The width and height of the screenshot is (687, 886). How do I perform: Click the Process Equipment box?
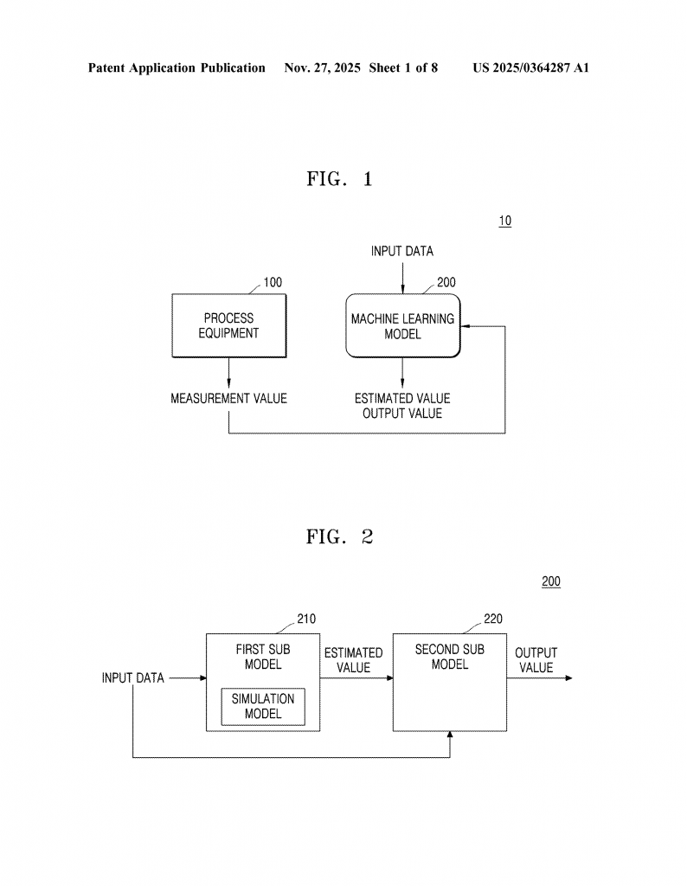(x=229, y=325)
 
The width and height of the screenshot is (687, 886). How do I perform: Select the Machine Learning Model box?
(x=402, y=326)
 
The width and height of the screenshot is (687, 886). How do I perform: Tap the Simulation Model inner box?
(x=263, y=706)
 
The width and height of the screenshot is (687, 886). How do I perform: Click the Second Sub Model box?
(x=449, y=682)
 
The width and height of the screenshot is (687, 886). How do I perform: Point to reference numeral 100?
(x=273, y=282)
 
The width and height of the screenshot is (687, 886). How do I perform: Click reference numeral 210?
(x=306, y=619)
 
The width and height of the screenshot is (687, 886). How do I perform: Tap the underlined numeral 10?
(x=504, y=221)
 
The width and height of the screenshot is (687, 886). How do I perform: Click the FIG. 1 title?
(x=339, y=179)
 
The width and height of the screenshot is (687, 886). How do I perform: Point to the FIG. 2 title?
(x=339, y=536)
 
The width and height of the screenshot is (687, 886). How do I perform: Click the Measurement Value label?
(x=228, y=399)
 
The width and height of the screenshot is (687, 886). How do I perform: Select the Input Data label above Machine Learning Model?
(x=402, y=251)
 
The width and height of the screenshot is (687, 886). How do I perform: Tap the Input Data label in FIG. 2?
(x=132, y=677)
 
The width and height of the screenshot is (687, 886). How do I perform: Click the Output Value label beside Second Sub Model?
(x=536, y=659)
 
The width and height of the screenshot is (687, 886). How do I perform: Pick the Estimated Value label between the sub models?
(x=353, y=659)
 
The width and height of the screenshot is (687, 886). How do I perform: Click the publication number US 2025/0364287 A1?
(x=530, y=67)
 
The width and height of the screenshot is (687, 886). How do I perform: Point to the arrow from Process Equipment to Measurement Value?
(x=228, y=372)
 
